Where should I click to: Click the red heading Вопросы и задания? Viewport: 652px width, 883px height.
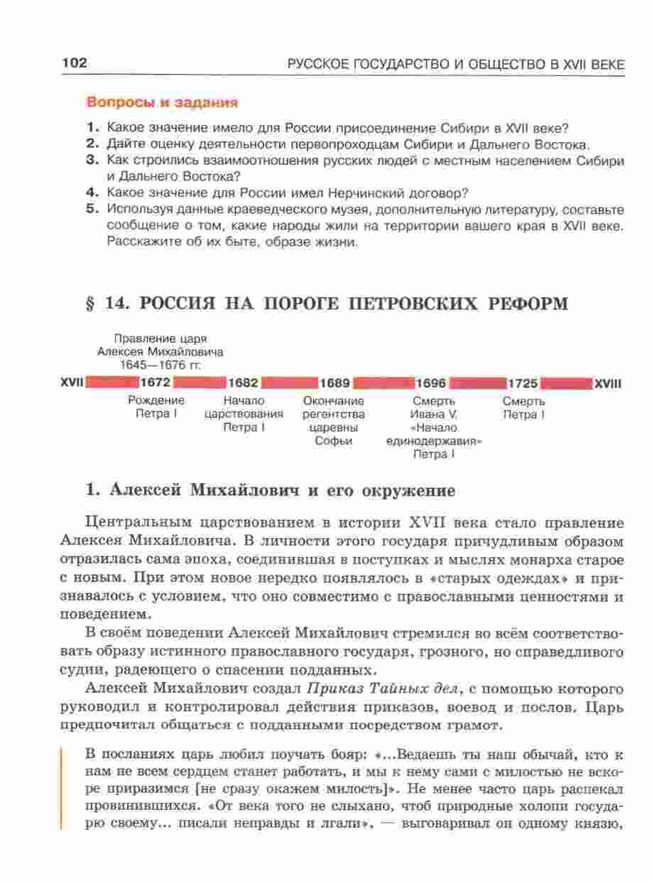161,102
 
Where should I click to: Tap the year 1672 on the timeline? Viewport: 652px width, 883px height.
156,384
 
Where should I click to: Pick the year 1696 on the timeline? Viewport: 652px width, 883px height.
430,384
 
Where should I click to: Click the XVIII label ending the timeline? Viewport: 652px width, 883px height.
608,384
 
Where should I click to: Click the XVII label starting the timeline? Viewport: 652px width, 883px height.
72,384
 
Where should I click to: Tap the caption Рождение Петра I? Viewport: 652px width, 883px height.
156,407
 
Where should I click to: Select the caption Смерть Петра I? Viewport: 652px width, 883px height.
523,407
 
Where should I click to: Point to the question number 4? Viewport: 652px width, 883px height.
91,193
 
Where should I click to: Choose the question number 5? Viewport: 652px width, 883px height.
91,210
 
